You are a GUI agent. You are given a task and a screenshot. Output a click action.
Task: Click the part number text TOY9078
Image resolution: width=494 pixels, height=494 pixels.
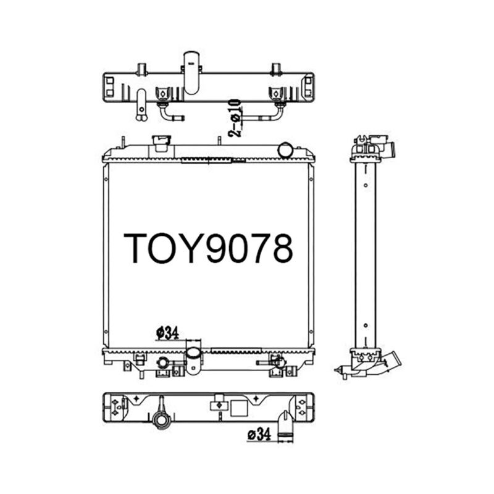pos(207,248)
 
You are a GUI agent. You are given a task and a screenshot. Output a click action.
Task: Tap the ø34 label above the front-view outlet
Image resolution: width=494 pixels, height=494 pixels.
pos(167,333)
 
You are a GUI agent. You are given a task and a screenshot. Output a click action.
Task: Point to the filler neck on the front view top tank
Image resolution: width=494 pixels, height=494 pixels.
pos(161,144)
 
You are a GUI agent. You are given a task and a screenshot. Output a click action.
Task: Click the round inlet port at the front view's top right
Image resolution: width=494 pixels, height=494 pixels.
pos(285,149)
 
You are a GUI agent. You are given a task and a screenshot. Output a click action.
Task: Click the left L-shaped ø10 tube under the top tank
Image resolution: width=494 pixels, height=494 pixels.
pos(169,112)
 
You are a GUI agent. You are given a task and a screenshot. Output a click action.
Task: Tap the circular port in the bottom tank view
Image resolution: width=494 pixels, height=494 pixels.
pos(161,421)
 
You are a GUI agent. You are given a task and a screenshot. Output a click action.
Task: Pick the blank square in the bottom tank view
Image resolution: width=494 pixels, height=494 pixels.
pos(237,407)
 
